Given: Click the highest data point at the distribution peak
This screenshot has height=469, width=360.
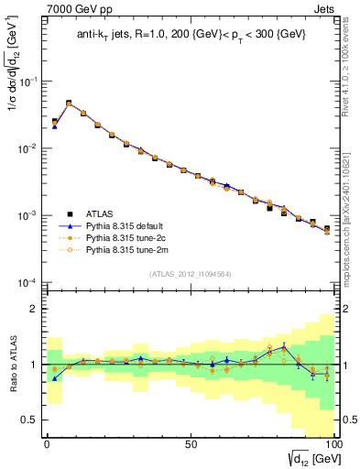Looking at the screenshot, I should tap(69, 104).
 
